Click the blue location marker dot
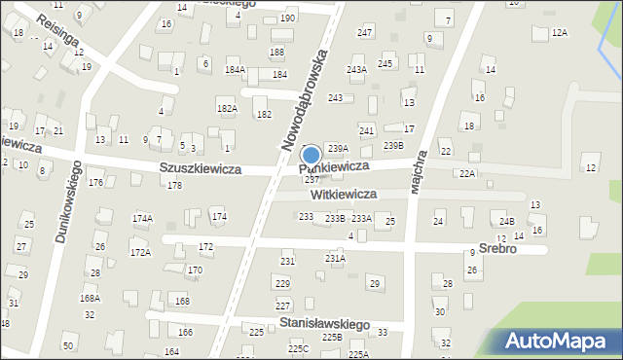coord(311,155)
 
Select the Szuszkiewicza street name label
coord(200,168)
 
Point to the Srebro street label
coord(496,248)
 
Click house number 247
coord(364,33)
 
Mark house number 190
coord(287,18)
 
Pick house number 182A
coord(227,109)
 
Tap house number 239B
coord(393,146)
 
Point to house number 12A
coord(559,33)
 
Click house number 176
coord(95,183)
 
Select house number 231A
coord(335,259)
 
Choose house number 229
coord(282,283)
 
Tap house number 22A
coord(467,173)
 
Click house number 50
coord(67,346)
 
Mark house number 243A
coord(356,70)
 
